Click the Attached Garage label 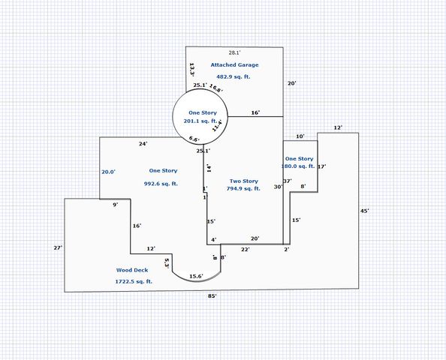coord(234,65)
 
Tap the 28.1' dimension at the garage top coord(234,52)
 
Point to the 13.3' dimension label coord(192,70)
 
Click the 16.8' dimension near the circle coord(215,88)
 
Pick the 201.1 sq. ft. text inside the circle coord(201,121)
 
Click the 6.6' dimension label coord(194,139)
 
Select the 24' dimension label coord(143,143)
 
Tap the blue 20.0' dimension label coord(109,172)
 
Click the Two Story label coord(243,181)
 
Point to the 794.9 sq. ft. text coord(244,189)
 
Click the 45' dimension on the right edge coord(364,211)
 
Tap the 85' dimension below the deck coord(212,296)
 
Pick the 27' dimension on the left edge coord(57,247)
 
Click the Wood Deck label coord(132,270)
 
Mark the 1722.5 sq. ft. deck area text coord(134,281)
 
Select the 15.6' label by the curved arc coord(195,277)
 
